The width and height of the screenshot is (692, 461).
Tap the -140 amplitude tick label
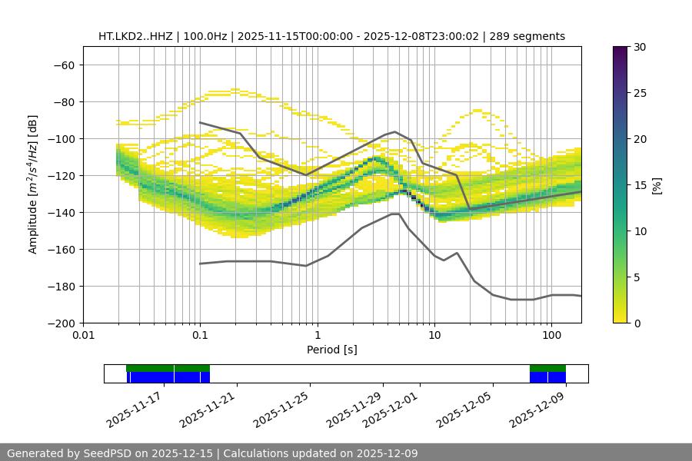61,212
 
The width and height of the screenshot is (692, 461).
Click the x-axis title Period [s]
331,350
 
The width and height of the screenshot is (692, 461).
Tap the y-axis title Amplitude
33,184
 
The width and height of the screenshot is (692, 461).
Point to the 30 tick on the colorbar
639,47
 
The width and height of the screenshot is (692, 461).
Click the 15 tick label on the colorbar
639,185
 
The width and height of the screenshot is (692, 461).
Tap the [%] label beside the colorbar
657,185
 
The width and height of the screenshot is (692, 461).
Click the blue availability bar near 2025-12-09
547,377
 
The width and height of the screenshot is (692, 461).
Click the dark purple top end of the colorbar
620,50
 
